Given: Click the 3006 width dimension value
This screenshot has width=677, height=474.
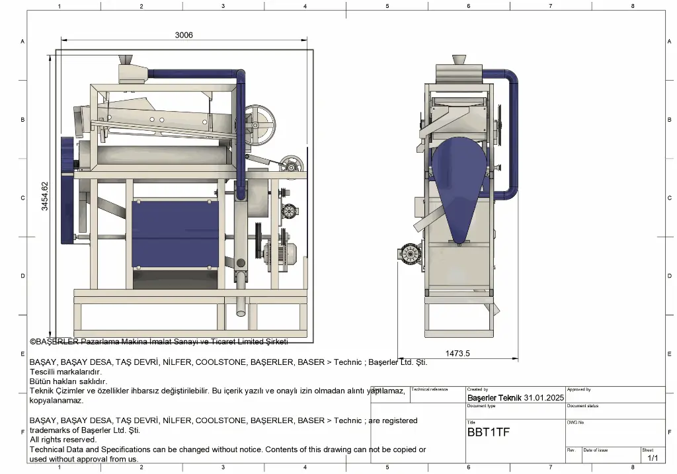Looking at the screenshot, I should click(x=184, y=35).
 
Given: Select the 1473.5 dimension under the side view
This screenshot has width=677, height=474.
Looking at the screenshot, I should click(x=457, y=354).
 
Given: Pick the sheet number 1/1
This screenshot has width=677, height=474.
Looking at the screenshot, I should click(x=653, y=457).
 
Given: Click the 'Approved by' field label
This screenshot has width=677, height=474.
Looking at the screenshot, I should click(x=578, y=390).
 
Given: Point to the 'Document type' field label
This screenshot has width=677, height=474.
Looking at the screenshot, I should click(x=481, y=407).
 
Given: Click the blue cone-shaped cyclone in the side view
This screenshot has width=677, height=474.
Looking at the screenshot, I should click(x=461, y=182).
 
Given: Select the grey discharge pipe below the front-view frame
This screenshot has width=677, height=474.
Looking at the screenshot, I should click(x=241, y=304).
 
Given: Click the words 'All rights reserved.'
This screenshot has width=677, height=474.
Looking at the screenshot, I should click(x=63, y=440).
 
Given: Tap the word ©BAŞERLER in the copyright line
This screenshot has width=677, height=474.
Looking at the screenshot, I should click(x=54, y=342).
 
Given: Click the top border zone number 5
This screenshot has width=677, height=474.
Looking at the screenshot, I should click(x=387, y=6).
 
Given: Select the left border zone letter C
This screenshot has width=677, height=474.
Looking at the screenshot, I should click(x=22, y=198).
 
